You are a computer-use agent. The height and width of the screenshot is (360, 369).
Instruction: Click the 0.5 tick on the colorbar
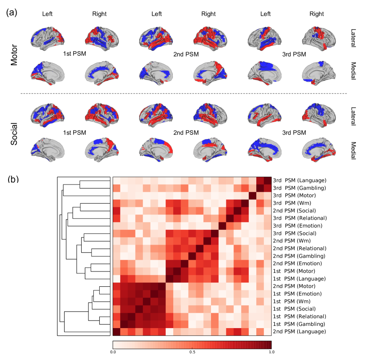click(192, 352)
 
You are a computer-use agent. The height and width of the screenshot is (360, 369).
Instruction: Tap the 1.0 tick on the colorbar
click(271, 352)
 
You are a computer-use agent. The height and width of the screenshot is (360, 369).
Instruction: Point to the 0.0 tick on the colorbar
click(113, 352)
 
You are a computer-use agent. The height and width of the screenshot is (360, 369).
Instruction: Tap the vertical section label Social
click(14, 133)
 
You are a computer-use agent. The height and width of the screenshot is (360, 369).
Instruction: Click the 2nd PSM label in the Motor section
click(186, 54)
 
